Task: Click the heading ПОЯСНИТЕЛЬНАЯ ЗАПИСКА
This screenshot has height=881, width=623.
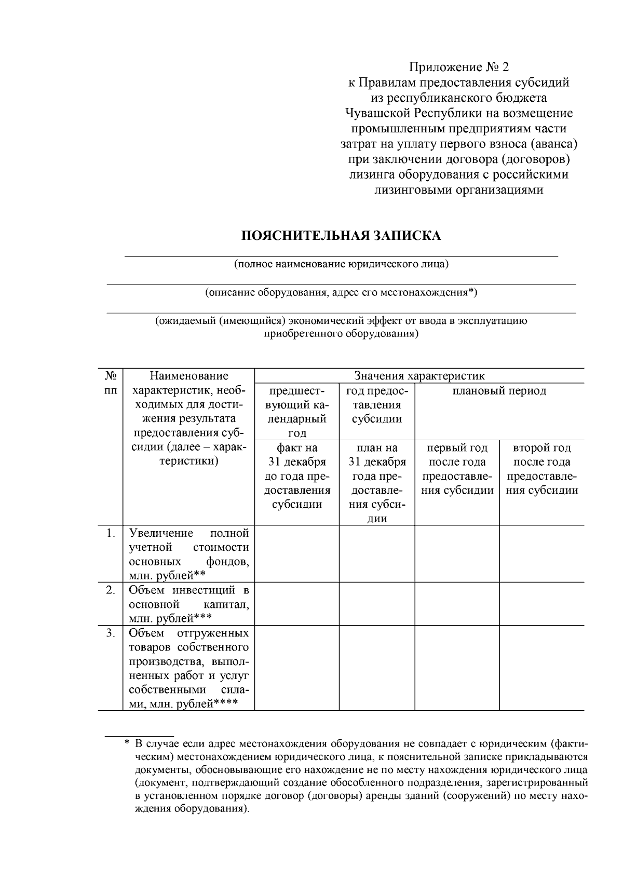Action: (341, 236)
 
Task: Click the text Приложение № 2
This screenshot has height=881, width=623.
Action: (459, 67)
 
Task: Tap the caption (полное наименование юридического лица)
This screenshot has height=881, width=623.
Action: (341, 264)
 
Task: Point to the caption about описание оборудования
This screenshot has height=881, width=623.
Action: (341, 292)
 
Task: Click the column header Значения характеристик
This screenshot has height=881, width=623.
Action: (419, 375)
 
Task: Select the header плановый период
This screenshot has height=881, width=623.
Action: (499, 390)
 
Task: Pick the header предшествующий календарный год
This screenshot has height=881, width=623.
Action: (297, 412)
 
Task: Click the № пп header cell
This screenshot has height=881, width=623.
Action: (110, 383)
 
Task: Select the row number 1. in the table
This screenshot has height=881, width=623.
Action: (110, 533)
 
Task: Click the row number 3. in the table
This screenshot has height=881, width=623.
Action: (110, 633)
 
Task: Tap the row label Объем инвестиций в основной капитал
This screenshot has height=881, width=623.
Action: (188, 604)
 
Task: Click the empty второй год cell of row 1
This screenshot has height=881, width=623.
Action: (541, 553)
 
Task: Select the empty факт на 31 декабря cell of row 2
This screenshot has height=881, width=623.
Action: (297, 604)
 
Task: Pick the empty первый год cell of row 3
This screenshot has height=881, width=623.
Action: (457, 669)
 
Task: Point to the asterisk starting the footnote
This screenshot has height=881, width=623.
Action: (127, 743)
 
